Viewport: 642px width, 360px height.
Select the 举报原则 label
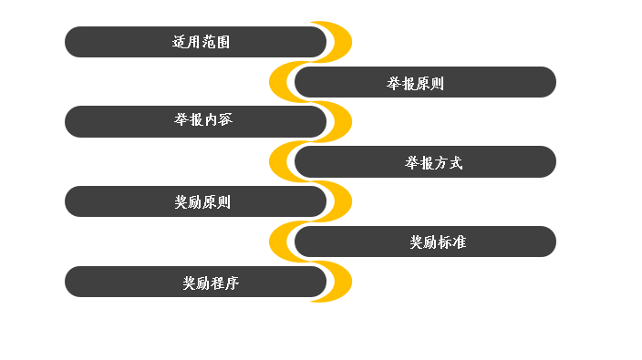(x=415, y=84)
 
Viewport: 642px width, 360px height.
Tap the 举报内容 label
(x=203, y=121)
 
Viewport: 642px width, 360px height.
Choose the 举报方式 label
(x=434, y=163)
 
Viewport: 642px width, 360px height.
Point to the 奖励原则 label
(x=202, y=202)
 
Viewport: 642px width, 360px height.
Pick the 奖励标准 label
(x=438, y=242)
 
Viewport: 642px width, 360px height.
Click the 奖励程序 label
(x=211, y=283)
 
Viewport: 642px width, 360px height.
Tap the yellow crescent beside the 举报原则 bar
(x=278, y=82)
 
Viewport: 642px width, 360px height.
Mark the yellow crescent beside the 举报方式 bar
(x=278, y=162)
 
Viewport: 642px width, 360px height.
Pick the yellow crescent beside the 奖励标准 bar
(x=278, y=242)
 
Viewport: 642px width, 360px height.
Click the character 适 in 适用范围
(x=179, y=42)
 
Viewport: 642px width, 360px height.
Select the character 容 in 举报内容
(x=225, y=121)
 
